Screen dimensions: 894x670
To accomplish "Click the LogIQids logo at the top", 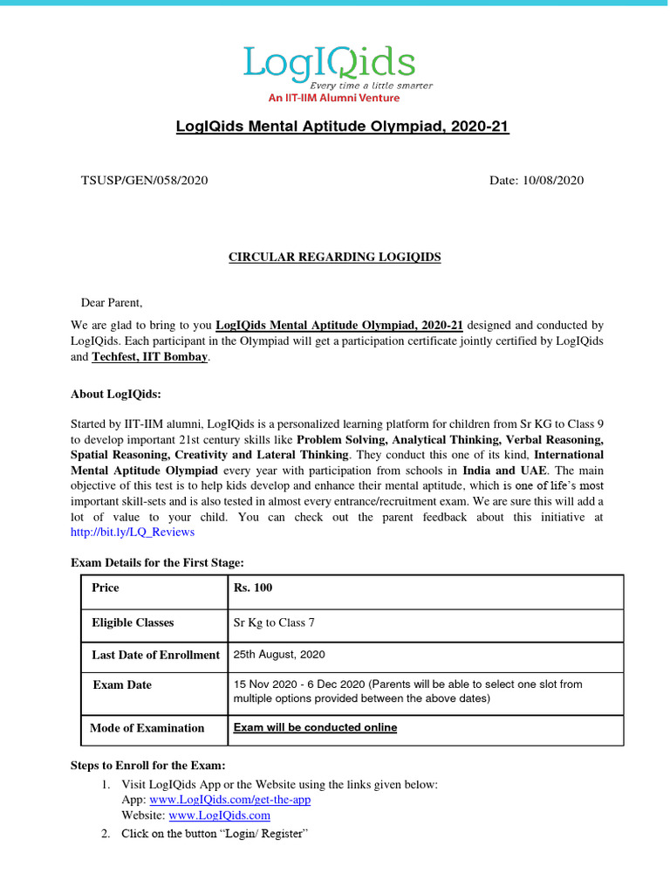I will [x=329, y=63].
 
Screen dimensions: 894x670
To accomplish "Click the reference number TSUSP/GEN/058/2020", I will [x=145, y=181].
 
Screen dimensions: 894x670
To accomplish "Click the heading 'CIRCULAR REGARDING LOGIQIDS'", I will [x=334, y=257].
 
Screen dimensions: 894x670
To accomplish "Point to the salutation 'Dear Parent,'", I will [x=112, y=303].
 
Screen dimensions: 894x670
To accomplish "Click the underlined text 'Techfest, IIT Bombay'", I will [x=150, y=357].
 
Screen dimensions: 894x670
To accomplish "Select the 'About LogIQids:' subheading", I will [x=116, y=394].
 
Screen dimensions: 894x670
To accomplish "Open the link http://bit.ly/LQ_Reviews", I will [x=133, y=532].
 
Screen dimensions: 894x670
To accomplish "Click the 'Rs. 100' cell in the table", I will [x=253, y=588].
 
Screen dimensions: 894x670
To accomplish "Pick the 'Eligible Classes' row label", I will [x=133, y=622].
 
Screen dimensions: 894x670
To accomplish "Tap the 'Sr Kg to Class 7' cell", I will [x=274, y=622].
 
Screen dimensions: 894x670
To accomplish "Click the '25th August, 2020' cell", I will [x=279, y=654].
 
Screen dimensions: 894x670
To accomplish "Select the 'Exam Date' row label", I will [x=122, y=685].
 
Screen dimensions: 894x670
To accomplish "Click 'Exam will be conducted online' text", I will [x=315, y=727].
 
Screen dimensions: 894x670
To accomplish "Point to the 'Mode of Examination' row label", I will [x=147, y=728].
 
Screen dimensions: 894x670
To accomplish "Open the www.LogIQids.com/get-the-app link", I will [x=230, y=800].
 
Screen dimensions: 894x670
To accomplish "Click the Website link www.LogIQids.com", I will [x=219, y=815].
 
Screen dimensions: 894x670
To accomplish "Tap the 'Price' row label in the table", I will [x=106, y=588].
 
